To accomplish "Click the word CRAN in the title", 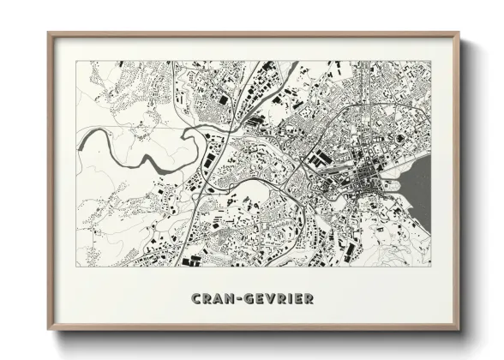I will click(x=213, y=298).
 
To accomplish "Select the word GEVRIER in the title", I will click(x=277, y=298).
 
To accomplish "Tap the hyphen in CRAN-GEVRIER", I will click(x=237, y=298).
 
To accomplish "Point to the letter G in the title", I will click(x=247, y=298).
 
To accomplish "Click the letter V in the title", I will click(x=267, y=298).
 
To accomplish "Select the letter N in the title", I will click(x=228, y=298).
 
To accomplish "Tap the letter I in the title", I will click(x=287, y=298).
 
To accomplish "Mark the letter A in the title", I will click(x=219, y=298).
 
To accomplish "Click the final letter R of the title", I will click(x=307, y=298).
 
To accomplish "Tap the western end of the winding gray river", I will click(x=79, y=137).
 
